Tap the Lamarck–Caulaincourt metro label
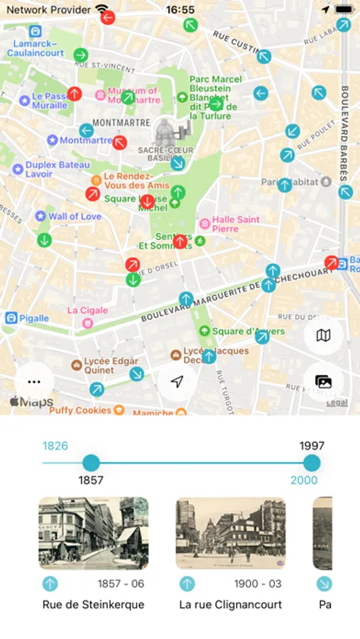[36, 48]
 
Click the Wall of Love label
[75, 216]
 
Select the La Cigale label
[87, 310]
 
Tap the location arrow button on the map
[178, 381]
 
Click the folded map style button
[323, 335]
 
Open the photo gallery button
[323, 381]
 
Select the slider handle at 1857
[91, 463]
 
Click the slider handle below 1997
[311, 463]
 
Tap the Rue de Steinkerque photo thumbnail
[93, 533]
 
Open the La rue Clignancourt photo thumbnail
[230, 533]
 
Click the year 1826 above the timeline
[55, 446]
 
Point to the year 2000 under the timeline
[303, 480]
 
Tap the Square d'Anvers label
[248, 332]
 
